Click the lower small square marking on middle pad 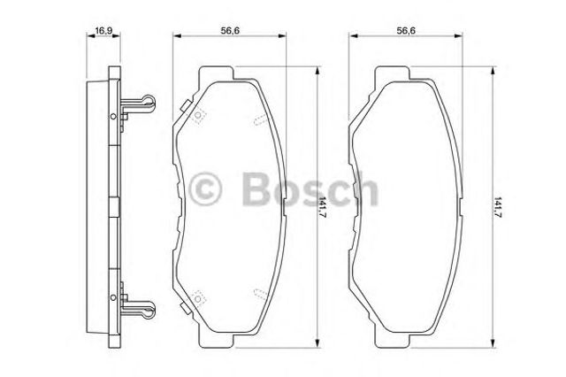tap(198, 297)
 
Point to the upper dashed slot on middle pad tap(256, 119)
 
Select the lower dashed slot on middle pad tap(256, 291)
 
